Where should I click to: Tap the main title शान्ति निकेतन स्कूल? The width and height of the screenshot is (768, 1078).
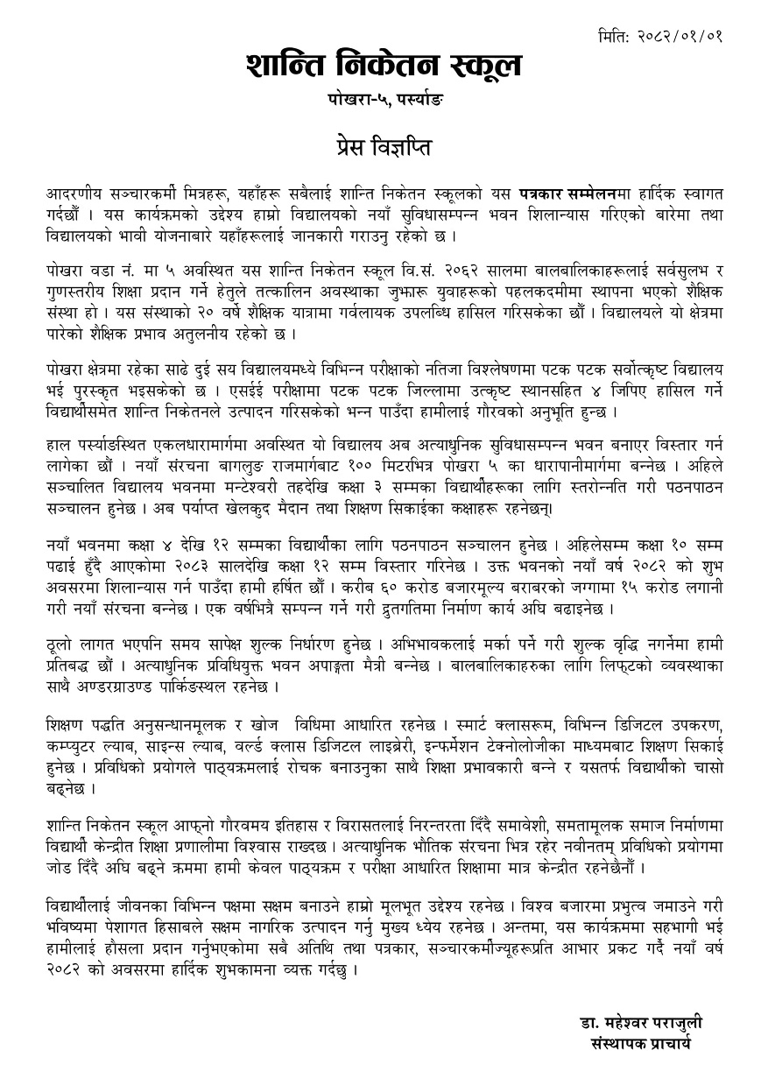pyautogui.click(x=384, y=66)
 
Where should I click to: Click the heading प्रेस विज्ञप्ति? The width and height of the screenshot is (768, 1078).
pyautogui.click(x=384, y=144)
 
